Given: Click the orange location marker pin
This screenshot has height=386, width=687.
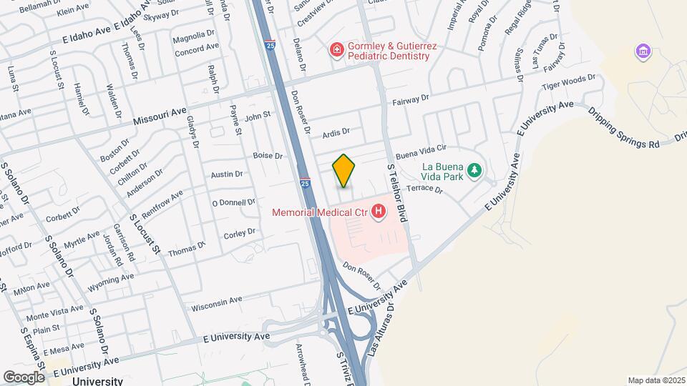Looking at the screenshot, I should click(x=343, y=171).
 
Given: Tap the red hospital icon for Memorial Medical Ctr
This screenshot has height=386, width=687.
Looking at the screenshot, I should click(x=379, y=212).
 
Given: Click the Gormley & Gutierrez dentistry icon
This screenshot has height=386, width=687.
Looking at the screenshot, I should click(x=336, y=49).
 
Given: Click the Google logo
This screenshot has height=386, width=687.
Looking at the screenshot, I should click(x=24, y=377).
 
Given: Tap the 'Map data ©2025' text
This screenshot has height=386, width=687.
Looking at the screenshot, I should click(x=656, y=380).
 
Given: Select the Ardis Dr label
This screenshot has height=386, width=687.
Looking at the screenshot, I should click(x=336, y=132).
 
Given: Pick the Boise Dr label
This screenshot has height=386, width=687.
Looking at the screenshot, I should click(x=268, y=155).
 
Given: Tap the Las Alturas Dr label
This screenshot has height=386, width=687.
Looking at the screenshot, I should click(x=382, y=331).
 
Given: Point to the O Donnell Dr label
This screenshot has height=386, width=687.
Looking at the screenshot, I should click(x=234, y=202).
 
